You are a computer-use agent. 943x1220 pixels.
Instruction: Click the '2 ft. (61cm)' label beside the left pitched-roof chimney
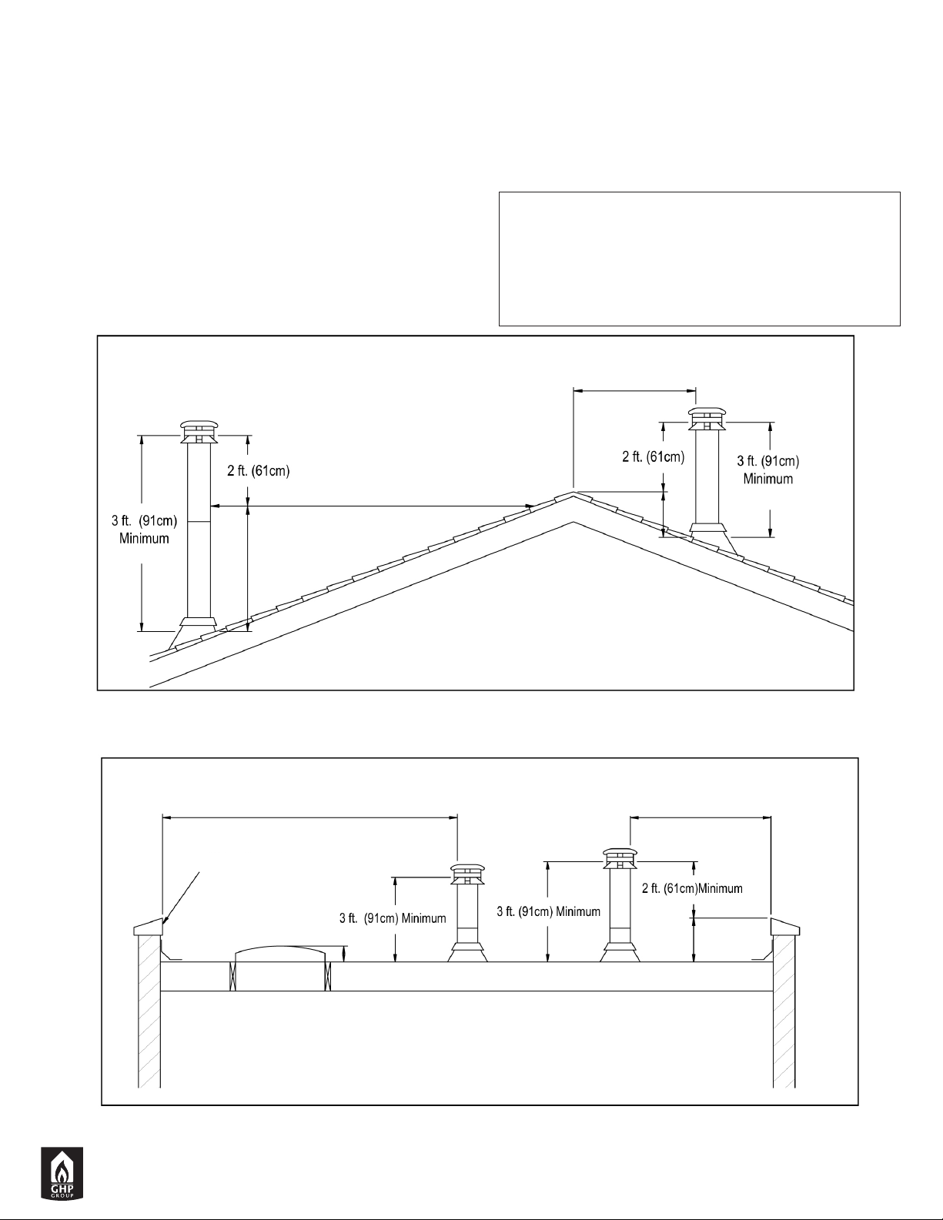[x=258, y=471]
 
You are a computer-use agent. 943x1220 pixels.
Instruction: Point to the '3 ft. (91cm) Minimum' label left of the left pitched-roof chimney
[x=144, y=530]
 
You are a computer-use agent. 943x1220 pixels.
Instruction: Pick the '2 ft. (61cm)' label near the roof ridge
[x=654, y=457]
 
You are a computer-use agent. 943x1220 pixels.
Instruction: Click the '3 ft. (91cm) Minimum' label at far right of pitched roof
[x=768, y=470]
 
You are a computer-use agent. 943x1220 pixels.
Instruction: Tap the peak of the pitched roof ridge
[x=573, y=493]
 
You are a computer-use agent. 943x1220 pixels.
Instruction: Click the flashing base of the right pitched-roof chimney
[x=712, y=537]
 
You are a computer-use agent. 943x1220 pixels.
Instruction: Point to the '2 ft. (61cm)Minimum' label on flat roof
[x=692, y=888]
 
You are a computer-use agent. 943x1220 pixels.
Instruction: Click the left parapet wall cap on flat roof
[x=148, y=928]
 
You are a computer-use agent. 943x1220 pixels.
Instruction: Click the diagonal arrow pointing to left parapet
[x=181, y=897]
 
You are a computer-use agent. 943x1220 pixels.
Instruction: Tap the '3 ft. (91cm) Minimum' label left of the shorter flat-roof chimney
[x=393, y=918]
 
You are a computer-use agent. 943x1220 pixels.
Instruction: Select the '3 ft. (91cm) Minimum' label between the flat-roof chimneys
[x=548, y=912]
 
